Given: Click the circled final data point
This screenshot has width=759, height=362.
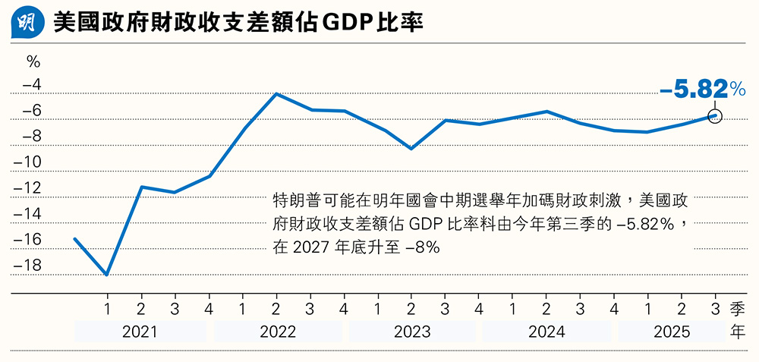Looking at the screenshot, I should click(714, 115).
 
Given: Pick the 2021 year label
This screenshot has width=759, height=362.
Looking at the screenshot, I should click(140, 332).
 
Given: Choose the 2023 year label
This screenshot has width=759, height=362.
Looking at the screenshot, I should click(411, 332).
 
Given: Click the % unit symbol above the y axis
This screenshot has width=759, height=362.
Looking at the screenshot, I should click(33, 61).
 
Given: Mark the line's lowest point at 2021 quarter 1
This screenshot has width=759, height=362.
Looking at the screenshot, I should click(107, 275).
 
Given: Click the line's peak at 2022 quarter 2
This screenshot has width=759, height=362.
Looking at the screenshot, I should click(276, 94).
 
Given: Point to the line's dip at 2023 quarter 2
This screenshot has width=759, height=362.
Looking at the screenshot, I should click(411, 149).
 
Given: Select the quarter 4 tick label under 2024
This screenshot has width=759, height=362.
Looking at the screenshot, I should click(613, 309).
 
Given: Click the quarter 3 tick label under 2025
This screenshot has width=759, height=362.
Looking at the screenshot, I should click(714, 309).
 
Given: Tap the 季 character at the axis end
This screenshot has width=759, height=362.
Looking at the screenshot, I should click(738, 309).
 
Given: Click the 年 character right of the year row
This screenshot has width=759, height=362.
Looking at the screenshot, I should click(738, 332).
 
